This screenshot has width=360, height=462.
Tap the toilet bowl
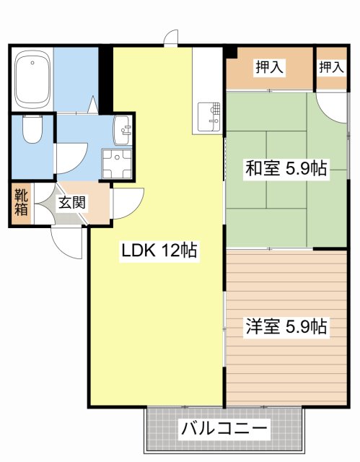[31, 131]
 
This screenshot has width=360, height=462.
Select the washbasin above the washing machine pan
[123, 131]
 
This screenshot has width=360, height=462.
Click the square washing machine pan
[116, 162]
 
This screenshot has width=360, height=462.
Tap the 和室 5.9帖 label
[286, 170]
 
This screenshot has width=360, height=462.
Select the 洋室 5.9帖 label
[286, 326]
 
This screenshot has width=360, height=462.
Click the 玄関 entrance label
[72, 202]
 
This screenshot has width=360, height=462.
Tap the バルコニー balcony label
[224, 430]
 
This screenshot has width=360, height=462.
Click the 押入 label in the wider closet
[269, 68]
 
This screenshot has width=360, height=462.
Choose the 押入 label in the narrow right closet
[331, 68]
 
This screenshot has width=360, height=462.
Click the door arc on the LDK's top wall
[171, 38]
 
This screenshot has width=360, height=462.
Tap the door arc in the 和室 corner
[332, 108]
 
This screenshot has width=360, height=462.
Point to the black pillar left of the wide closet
[231, 52]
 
